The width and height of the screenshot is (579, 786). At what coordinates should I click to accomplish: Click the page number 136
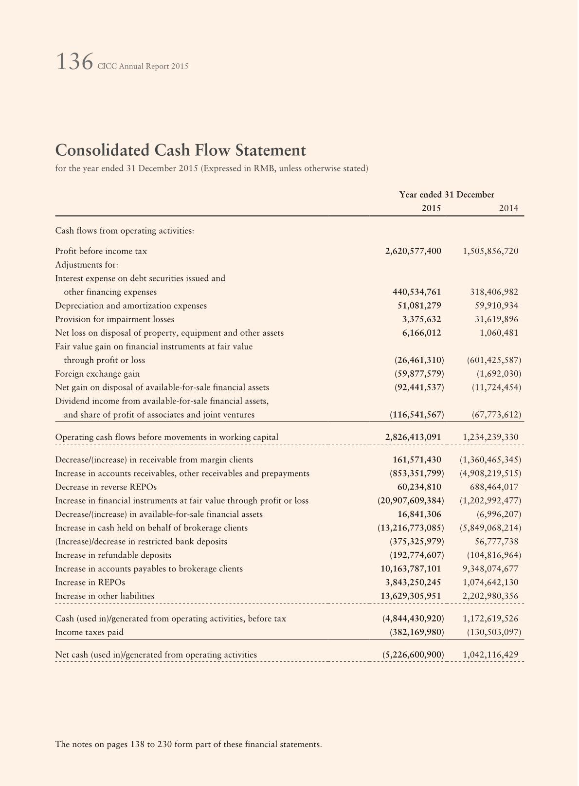click(74, 62)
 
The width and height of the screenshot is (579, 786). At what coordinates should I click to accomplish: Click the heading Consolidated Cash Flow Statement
click(181, 150)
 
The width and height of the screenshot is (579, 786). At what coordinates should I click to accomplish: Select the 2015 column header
click(431, 208)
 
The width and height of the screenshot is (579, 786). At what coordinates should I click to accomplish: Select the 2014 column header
click(508, 208)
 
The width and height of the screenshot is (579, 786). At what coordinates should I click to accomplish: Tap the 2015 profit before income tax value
click(413, 251)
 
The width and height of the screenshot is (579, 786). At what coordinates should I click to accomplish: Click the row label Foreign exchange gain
click(97, 374)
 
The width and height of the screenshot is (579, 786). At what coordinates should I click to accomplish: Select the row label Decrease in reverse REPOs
click(106, 487)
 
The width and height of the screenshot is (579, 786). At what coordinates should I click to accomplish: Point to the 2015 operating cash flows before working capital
click(413, 437)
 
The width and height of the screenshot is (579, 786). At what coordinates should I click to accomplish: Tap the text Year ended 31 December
click(447, 195)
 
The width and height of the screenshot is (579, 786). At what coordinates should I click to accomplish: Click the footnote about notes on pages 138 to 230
click(189, 744)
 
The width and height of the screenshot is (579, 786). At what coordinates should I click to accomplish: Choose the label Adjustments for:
click(87, 265)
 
